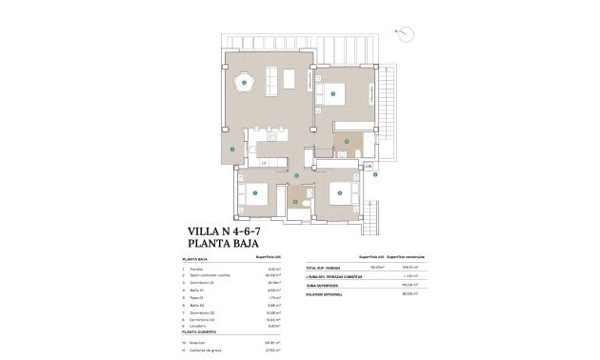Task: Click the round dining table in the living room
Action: pos(245,80)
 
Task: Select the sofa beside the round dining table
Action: pos(272,79)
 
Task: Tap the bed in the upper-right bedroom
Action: pos(334,93)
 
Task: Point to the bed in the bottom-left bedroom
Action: pos(254,193)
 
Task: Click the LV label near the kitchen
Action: pos(264,163)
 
